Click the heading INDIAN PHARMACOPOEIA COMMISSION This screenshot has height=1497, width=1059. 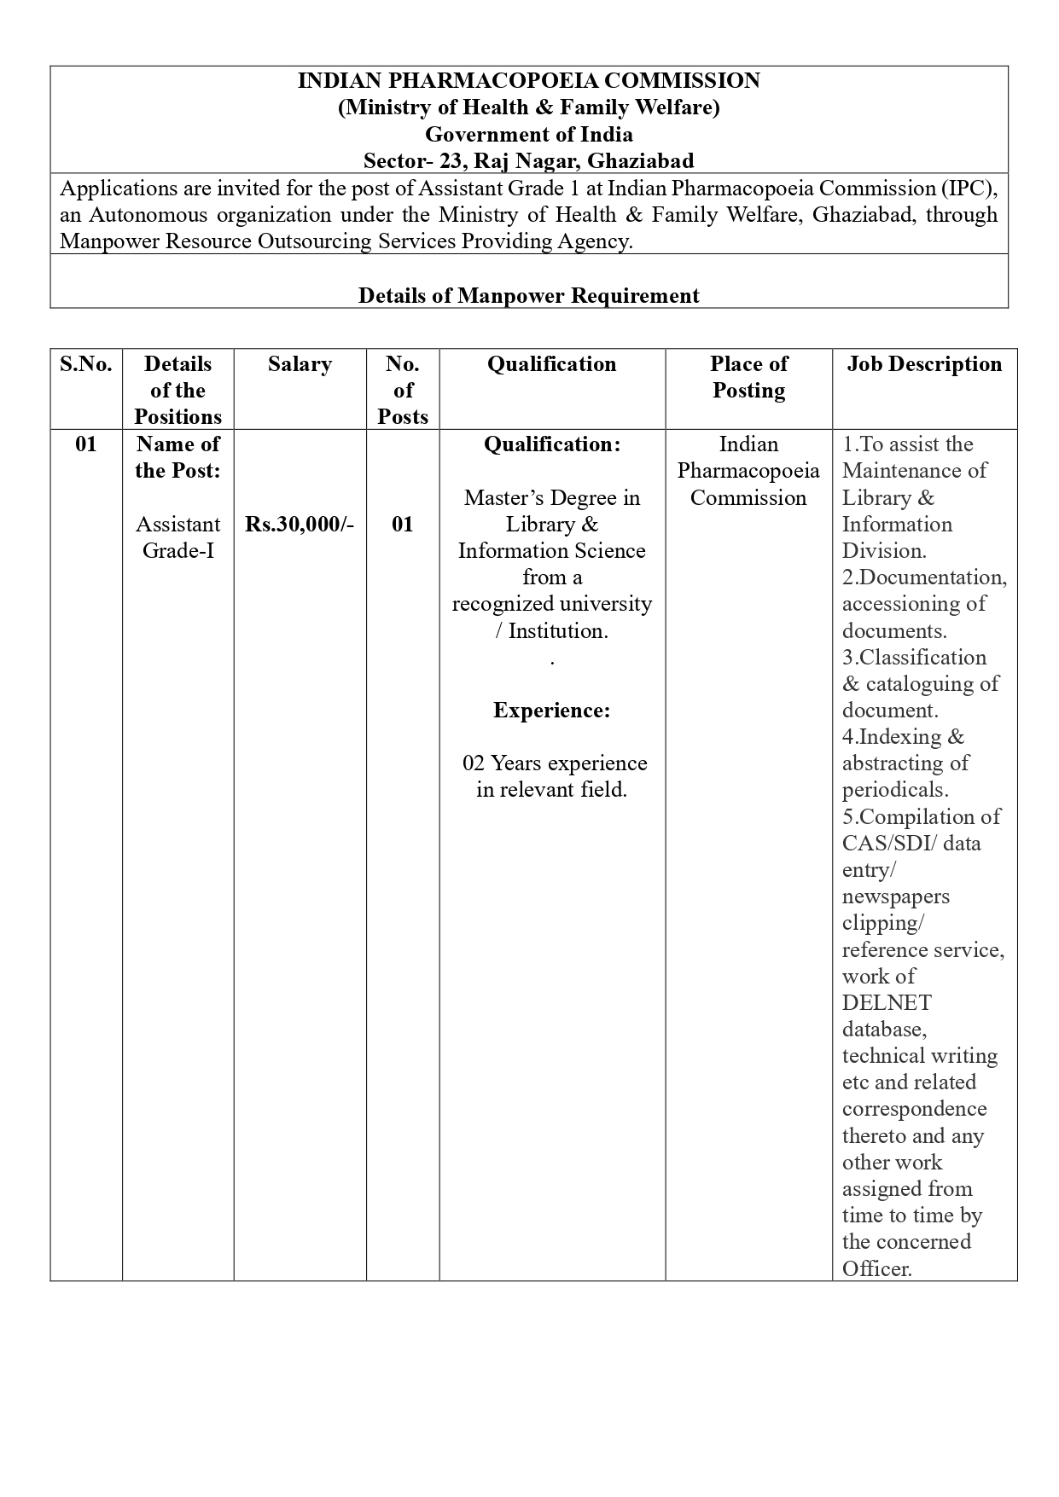pyautogui.click(x=528, y=81)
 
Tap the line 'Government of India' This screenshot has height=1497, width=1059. pyautogui.click(x=528, y=135)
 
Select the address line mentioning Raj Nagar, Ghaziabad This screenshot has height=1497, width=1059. pyautogui.click(x=528, y=161)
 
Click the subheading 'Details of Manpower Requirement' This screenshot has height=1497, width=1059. pyautogui.click(x=528, y=296)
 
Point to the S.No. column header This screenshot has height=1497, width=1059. pyautogui.click(x=85, y=364)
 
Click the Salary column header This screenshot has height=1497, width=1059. pyautogui.click(x=300, y=364)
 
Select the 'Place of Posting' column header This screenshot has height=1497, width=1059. pyautogui.click(x=748, y=377)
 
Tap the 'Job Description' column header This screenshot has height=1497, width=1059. pyautogui.click(x=924, y=364)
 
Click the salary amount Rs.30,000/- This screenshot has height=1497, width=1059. pyautogui.click(x=300, y=525)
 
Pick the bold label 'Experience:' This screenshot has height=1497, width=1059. pyautogui.click(x=551, y=711)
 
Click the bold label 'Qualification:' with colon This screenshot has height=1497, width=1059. pyautogui.click(x=551, y=444)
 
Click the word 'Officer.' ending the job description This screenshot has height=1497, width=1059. pyautogui.click(x=877, y=1269)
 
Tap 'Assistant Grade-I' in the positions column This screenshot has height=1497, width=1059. pyautogui.click(x=177, y=537)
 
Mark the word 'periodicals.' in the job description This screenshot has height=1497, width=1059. pyautogui.click(x=895, y=790)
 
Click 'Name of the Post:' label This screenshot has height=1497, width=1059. pyautogui.click(x=177, y=457)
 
